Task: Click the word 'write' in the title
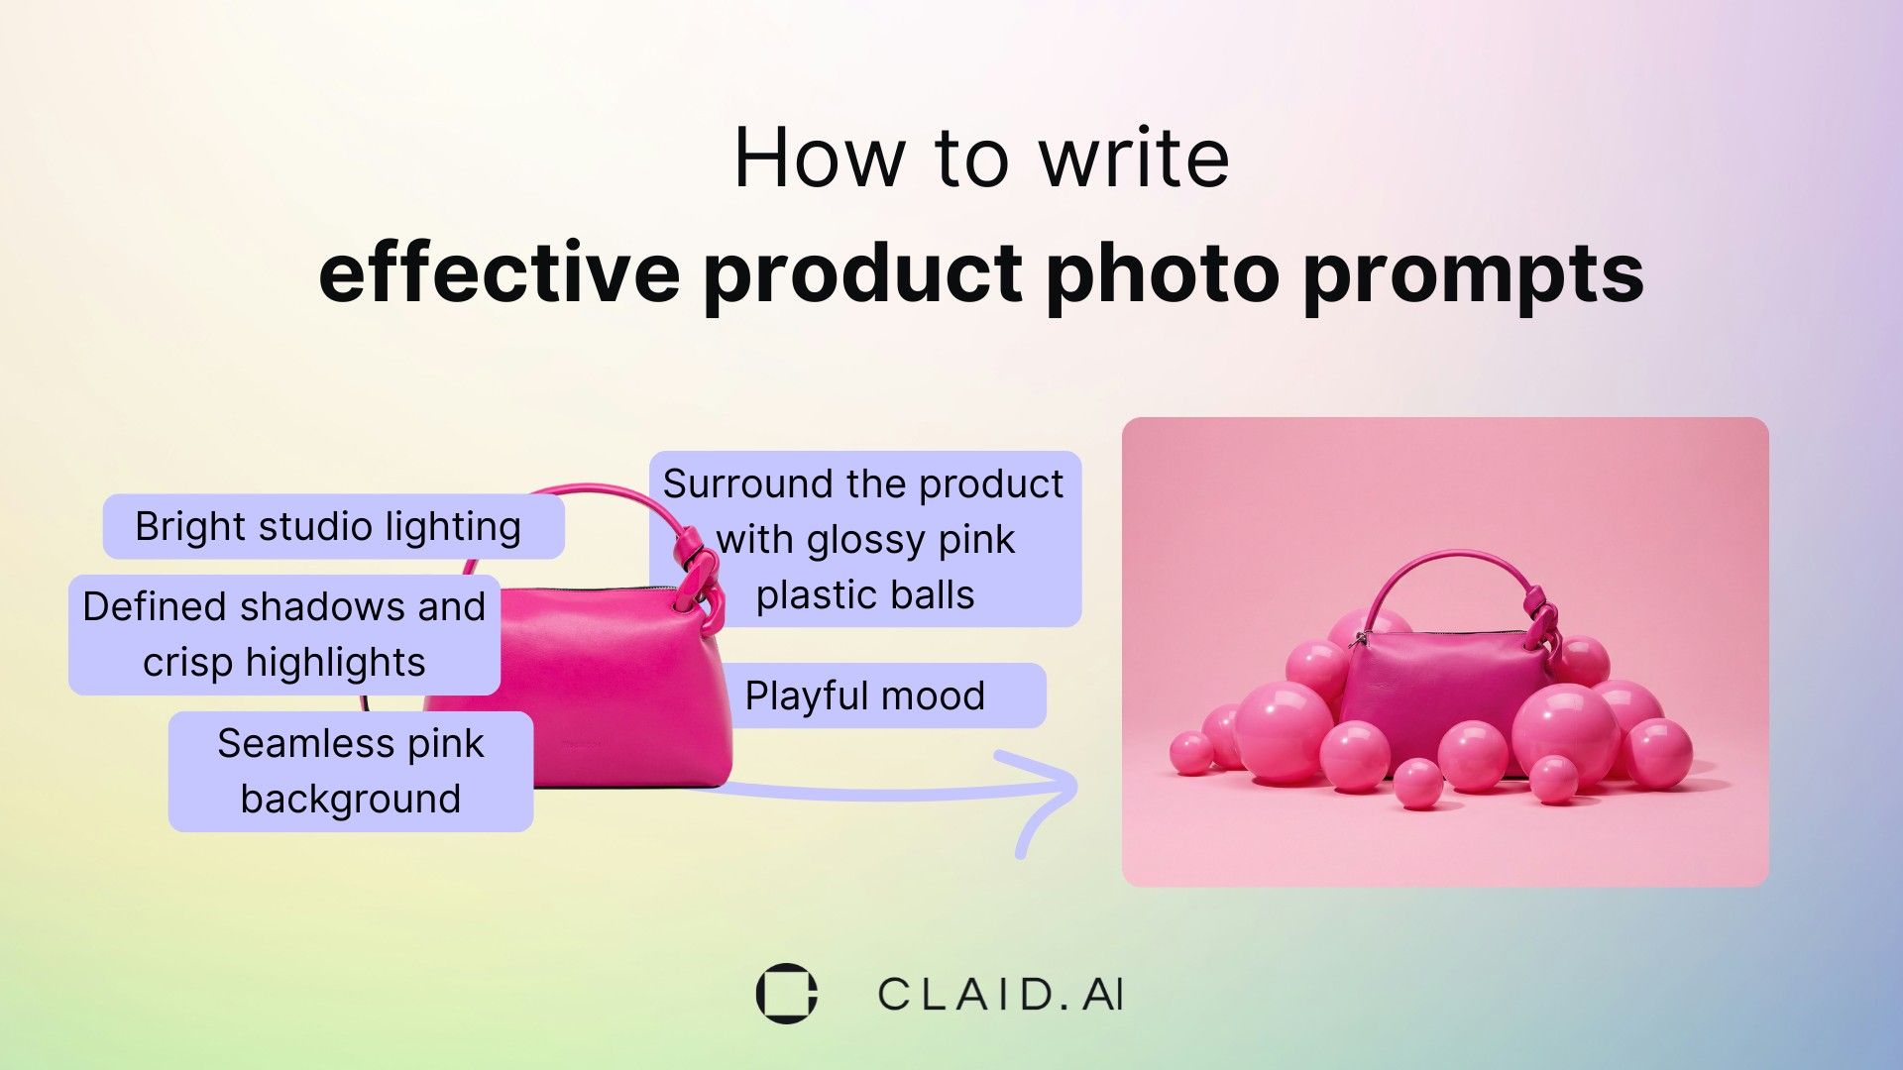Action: [1134, 159]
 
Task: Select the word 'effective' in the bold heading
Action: [499, 273]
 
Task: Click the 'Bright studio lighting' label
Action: [328, 526]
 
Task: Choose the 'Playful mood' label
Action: [864, 695]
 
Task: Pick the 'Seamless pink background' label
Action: [350, 771]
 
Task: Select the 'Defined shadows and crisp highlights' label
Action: [283, 634]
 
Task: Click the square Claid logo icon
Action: [786, 993]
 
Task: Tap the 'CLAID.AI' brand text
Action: [1000, 995]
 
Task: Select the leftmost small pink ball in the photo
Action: [1190, 753]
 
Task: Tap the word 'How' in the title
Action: [820, 159]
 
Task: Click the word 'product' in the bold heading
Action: [862, 275]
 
